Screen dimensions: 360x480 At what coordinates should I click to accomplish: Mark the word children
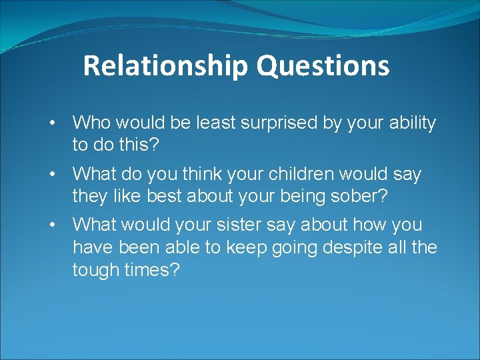(301, 175)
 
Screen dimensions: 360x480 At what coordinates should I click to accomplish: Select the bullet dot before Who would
(51, 123)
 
